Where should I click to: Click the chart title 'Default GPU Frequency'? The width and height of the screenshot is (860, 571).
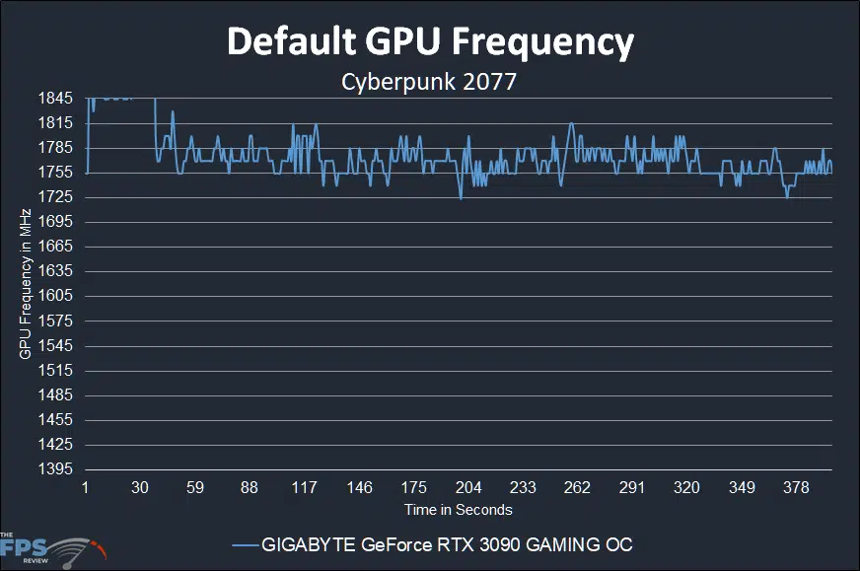click(x=430, y=42)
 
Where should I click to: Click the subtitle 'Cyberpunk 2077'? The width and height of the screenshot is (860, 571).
click(x=429, y=82)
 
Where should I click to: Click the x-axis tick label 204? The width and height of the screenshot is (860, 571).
click(x=468, y=487)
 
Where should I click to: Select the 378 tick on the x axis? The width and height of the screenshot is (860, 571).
click(x=796, y=487)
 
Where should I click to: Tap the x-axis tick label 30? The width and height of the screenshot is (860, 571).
click(x=140, y=487)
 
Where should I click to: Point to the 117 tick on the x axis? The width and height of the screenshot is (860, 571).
click(x=305, y=487)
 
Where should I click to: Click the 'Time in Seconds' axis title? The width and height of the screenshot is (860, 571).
click(x=458, y=510)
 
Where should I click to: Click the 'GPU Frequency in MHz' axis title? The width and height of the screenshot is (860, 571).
click(x=26, y=284)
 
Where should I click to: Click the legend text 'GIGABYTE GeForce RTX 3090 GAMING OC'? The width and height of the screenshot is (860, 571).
click(x=447, y=544)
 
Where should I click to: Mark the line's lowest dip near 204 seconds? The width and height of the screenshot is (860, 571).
click(x=461, y=198)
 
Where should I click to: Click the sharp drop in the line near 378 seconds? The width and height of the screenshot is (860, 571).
click(x=787, y=197)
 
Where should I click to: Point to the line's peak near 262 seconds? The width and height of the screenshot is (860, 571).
click(x=571, y=124)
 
